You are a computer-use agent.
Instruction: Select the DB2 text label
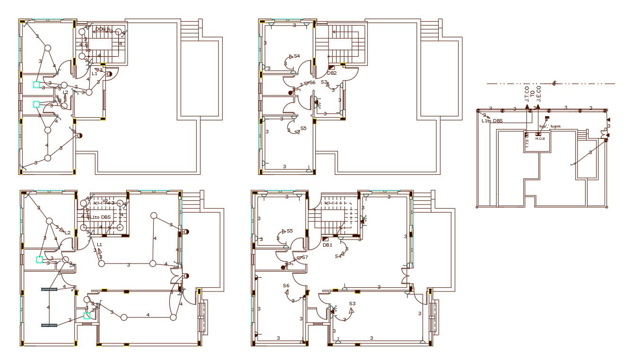[332, 73]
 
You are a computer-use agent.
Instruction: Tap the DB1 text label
[328, 245]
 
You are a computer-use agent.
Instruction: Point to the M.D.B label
[540, 139]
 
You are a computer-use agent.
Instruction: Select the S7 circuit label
[305, 257]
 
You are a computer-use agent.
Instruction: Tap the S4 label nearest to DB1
[338, 256]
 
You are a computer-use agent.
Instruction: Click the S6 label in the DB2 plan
[312, 83]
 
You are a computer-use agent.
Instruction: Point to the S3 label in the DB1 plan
[352, 303]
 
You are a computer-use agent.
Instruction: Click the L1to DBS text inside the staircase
[101, 217]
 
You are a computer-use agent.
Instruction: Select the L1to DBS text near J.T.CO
[492, 121]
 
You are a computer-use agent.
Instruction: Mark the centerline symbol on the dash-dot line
[554, 84]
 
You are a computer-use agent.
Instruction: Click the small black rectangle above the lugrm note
[547, 118]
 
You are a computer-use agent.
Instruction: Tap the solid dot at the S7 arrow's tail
[283, 267]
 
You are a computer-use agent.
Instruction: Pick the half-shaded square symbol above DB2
[332, 68]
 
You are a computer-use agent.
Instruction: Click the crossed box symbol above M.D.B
[538, 134]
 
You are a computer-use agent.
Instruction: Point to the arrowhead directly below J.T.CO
[527, 108]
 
